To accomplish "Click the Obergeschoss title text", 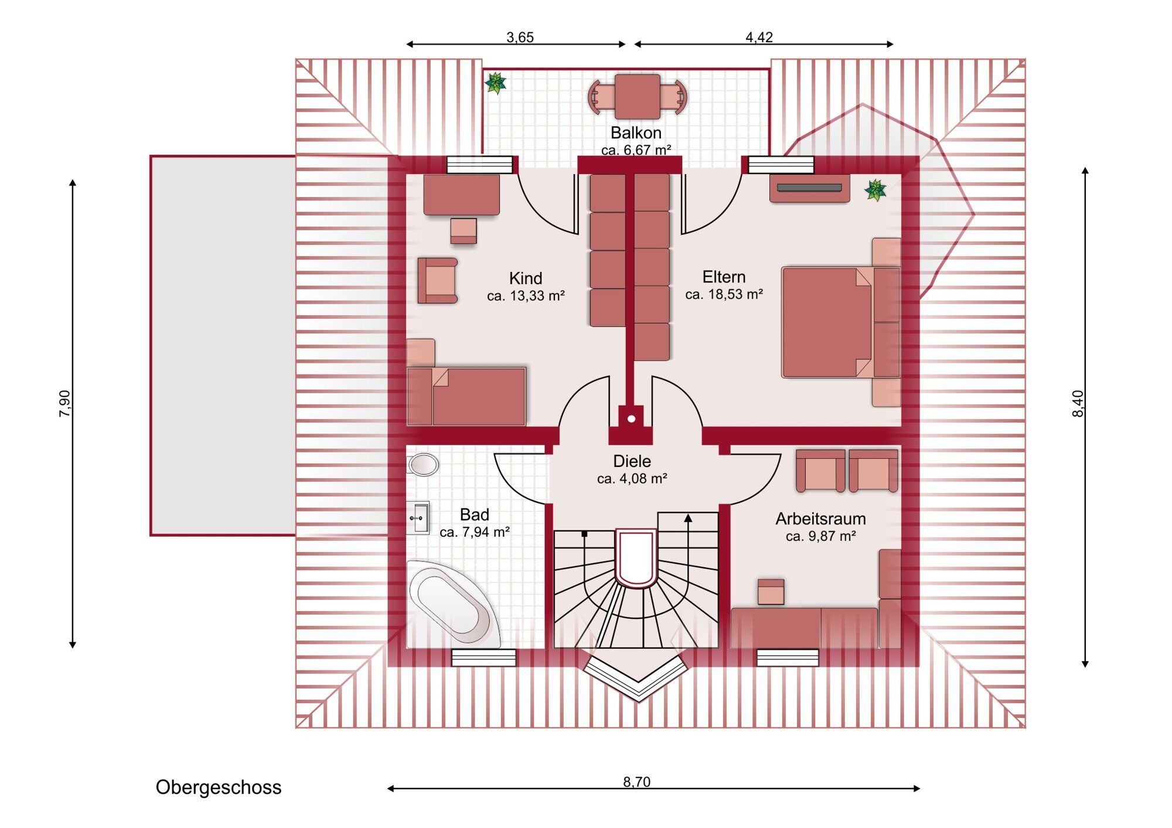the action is tap(219, 787).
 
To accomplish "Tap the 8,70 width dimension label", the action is tap(636, 782).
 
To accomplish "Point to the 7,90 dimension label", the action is tap(64, 404).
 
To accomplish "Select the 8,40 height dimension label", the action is tap(1078, 404).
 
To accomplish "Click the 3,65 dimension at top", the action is tap(520, 38).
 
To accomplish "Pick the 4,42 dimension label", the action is tap(759, 38).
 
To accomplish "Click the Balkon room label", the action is tap(636, 132).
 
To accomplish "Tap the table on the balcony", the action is tap(638, 97).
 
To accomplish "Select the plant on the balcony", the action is tap(496, 83).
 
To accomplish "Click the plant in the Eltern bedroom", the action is tap(875, 190).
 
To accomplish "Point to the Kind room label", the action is tap(526, 278).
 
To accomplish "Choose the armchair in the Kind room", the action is tap(437, 280).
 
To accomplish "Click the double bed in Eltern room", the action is tap(840, 322).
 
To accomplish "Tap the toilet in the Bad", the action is tap(423, 465).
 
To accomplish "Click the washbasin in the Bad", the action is tap(418, 518).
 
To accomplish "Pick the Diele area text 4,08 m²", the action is tap(632, 479).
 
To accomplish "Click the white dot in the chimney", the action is tap(631, 418).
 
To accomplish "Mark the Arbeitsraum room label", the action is tap(820, 519).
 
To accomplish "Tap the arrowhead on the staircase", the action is tap(688, 518).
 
